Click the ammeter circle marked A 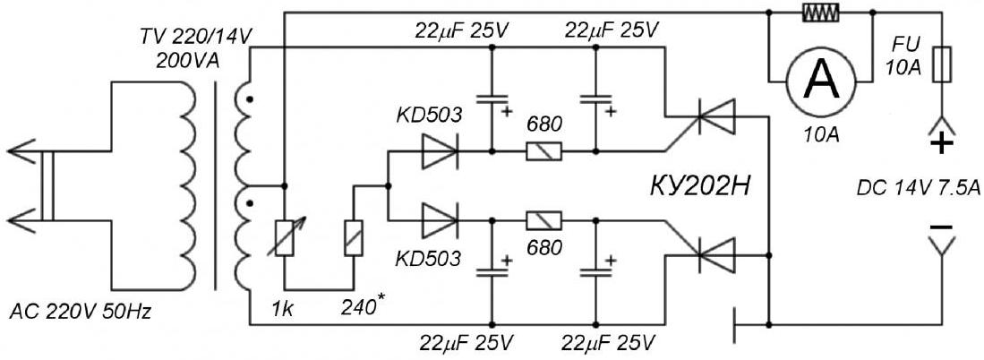pos(819,82)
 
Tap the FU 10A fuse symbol pos(941,64)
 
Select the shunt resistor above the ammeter pos(819,12)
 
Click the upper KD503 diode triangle pos(440,151)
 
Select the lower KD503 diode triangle pos(440,220)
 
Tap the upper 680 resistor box pos(543,151)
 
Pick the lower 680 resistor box pos(543,220)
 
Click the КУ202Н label pos(702,186)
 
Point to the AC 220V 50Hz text pos(81,312)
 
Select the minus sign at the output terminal pos(941,227)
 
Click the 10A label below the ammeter pos(819,135)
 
